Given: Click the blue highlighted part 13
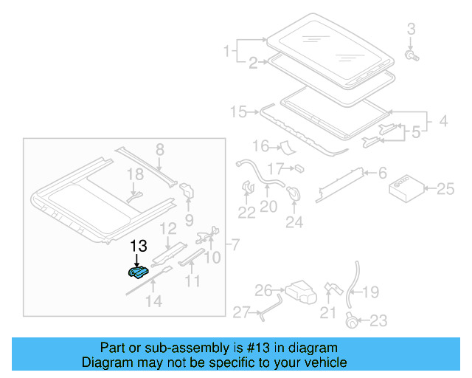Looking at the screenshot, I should [137, 273].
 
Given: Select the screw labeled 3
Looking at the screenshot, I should [412, 55].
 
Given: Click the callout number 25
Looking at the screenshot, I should [445, 190].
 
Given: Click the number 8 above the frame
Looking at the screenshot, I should [159, 150].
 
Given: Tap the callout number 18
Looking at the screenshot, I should [133, 174].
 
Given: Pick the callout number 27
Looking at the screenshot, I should [242, 313].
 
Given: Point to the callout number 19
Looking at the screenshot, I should [370, 292].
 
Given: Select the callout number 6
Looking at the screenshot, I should [382, 173].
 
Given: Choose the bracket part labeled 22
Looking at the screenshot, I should [246, 190].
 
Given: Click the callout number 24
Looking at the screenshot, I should [294, 221].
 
